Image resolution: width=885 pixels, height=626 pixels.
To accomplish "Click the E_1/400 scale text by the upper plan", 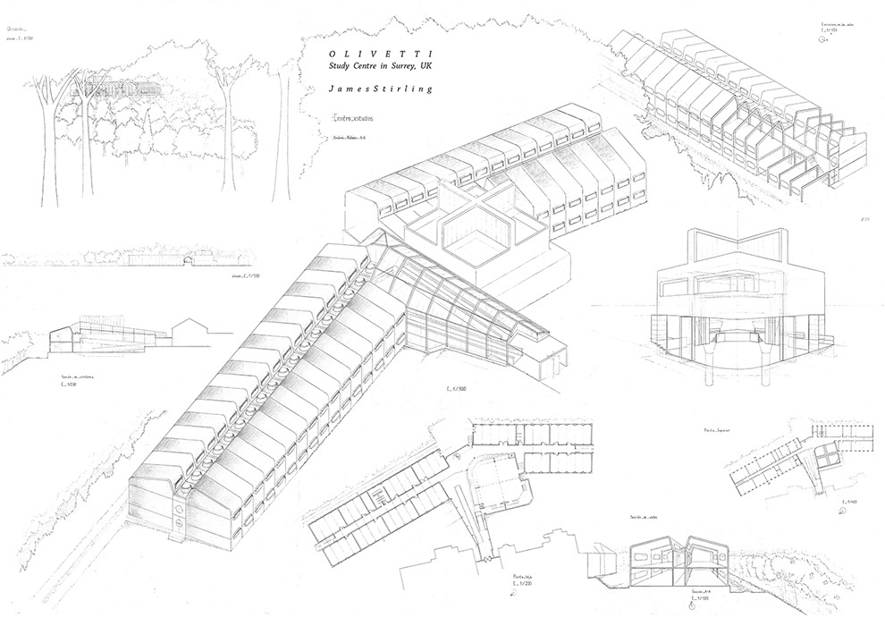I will click(x=848, y=503).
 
